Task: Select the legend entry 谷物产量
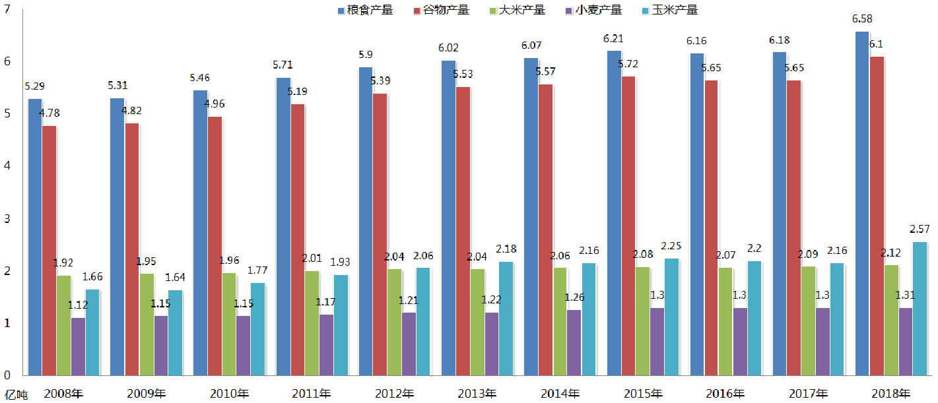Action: tap(442, 10)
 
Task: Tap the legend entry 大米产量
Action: tap(518, 10)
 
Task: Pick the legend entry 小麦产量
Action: tap(594, 10)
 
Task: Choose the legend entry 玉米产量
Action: tap(670, 10)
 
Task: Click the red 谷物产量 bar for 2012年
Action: tap(380, 234)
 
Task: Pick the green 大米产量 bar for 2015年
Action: tap(642, 321)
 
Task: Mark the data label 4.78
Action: tap(50, 113)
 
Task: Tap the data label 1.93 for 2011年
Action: tap(341, 263)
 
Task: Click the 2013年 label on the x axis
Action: tap(477, 394)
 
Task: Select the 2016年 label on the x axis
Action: tap(725, 394)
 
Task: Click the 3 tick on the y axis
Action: tap(7, 218)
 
